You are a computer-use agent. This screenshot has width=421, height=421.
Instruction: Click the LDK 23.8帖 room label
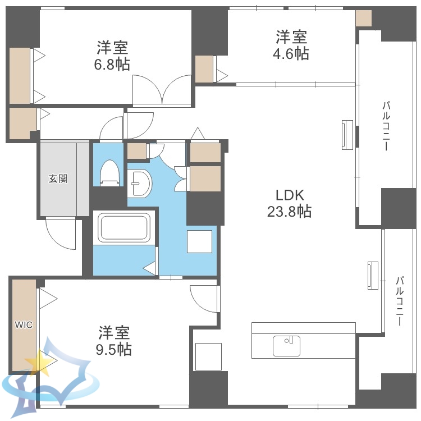click(x=289, y=203)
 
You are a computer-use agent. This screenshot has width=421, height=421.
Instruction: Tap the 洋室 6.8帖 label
click(x=112, y=56)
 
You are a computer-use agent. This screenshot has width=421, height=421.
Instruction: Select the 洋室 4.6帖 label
click(x=291, y=45)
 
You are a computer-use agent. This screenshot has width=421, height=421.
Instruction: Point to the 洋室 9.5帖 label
click(x=115, y=341)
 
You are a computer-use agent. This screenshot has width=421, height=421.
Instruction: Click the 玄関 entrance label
click(x=57, y=179)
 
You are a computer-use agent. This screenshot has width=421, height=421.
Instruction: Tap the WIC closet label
click(x=24, y=324)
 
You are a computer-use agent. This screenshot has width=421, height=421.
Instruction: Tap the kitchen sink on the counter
click(x=286, y=346)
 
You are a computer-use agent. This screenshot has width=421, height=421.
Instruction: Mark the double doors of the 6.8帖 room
click(x=162, y=90)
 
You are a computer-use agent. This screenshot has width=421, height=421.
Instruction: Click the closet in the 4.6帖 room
click(x=204, y=69)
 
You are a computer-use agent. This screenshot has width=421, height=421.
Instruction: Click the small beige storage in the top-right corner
click(x=364, y=19)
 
